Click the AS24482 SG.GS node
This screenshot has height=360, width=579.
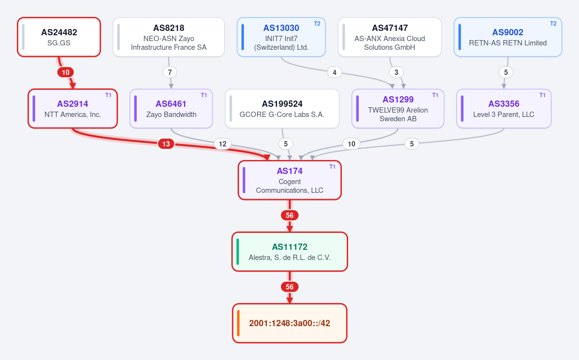tap(59, 37)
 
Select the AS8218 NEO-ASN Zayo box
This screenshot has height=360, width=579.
tap(169, 37)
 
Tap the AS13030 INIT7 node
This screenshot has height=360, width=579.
tap(281, 37)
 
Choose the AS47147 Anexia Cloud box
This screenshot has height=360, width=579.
tap(390, 37)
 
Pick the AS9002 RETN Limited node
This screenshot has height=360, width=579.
tap(508, 37)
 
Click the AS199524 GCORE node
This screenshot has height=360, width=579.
tap(282, 109)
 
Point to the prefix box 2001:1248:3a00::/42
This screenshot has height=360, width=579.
tap(290, 323)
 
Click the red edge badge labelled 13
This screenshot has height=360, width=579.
tap(166, 144)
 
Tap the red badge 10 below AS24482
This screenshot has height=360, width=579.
tap(65, 72)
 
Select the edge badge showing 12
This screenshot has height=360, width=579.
tap(223, 144)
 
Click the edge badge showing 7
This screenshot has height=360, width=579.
tap(170, 72)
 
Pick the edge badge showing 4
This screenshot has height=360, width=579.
tap(335, 72)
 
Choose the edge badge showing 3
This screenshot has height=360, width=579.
tap(396, 72)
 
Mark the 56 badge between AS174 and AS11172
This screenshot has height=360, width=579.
tap(290, 216)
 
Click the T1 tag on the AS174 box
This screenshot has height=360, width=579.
tap(332, 167)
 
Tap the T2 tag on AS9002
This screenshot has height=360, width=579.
tap(553, 24)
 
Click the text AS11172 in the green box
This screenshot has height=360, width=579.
tap(290, 247)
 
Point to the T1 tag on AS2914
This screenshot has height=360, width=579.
tap(108, 95)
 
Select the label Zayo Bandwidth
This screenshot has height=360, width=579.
tap(171, 115)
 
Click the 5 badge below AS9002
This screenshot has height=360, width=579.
tap(506, 72)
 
